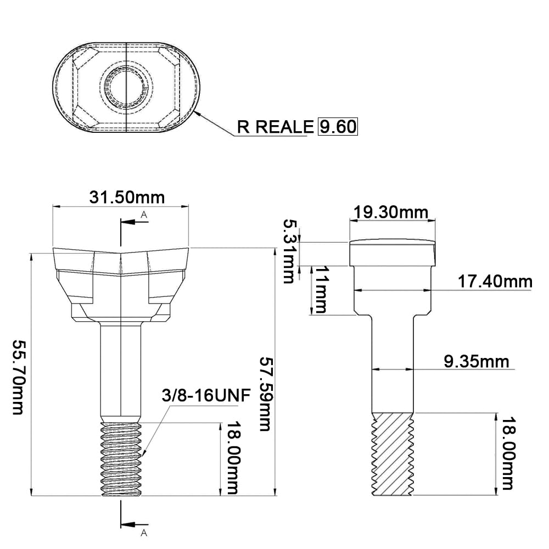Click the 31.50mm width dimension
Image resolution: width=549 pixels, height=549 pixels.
pos(127,198)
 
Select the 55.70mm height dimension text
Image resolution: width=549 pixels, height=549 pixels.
pos(18,377)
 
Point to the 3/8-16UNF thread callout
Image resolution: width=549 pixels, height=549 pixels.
pos(206,396)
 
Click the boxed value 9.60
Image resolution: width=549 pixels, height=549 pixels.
pos(338,126)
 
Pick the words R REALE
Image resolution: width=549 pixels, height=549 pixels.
pos(275,127)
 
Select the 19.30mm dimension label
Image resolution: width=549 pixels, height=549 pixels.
pos(391,212)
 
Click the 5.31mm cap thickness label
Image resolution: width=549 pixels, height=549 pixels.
pos(289,251)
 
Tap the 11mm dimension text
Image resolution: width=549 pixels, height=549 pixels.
pos(321,289)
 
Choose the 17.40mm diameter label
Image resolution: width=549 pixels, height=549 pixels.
pos(495,282)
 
